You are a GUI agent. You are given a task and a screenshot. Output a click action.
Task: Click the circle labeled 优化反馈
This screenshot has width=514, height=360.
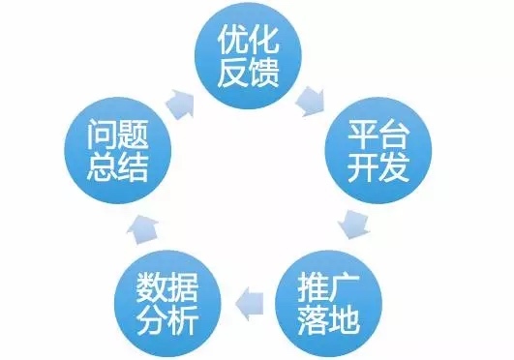pos(248,56)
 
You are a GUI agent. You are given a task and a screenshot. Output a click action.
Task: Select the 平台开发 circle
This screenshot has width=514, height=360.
pos(378,151)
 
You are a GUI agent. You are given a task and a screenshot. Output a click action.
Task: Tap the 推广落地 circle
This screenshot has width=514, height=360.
pos(328,304)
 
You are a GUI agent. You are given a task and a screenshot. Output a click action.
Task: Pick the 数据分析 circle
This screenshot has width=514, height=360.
pos(167,304)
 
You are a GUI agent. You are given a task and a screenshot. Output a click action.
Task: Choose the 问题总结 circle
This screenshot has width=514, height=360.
pos(118,151)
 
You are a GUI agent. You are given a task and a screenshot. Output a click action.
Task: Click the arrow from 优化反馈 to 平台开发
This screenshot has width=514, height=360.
pos(310,101)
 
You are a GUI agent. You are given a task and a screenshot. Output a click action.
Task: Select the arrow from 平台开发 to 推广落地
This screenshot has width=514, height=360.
pos(353,225)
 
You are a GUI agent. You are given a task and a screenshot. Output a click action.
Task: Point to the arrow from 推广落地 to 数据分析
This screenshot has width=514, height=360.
pos(249,304)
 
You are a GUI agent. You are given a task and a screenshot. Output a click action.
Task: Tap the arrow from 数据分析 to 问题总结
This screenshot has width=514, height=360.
pos(142,228)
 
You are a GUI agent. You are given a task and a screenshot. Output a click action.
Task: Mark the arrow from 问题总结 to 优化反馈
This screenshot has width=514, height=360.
pos(180,104)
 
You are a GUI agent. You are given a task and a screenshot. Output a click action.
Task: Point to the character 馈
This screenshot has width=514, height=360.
pos(263,73)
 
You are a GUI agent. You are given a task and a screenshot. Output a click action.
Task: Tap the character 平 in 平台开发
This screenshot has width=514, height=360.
pos(363,135)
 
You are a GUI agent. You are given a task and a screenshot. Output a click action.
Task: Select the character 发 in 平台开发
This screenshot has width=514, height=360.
pos(394,166)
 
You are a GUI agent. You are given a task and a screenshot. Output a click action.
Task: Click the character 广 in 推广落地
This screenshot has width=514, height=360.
pos(344,288)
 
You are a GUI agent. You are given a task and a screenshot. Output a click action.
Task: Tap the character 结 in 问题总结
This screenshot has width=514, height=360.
pos(133,166)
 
